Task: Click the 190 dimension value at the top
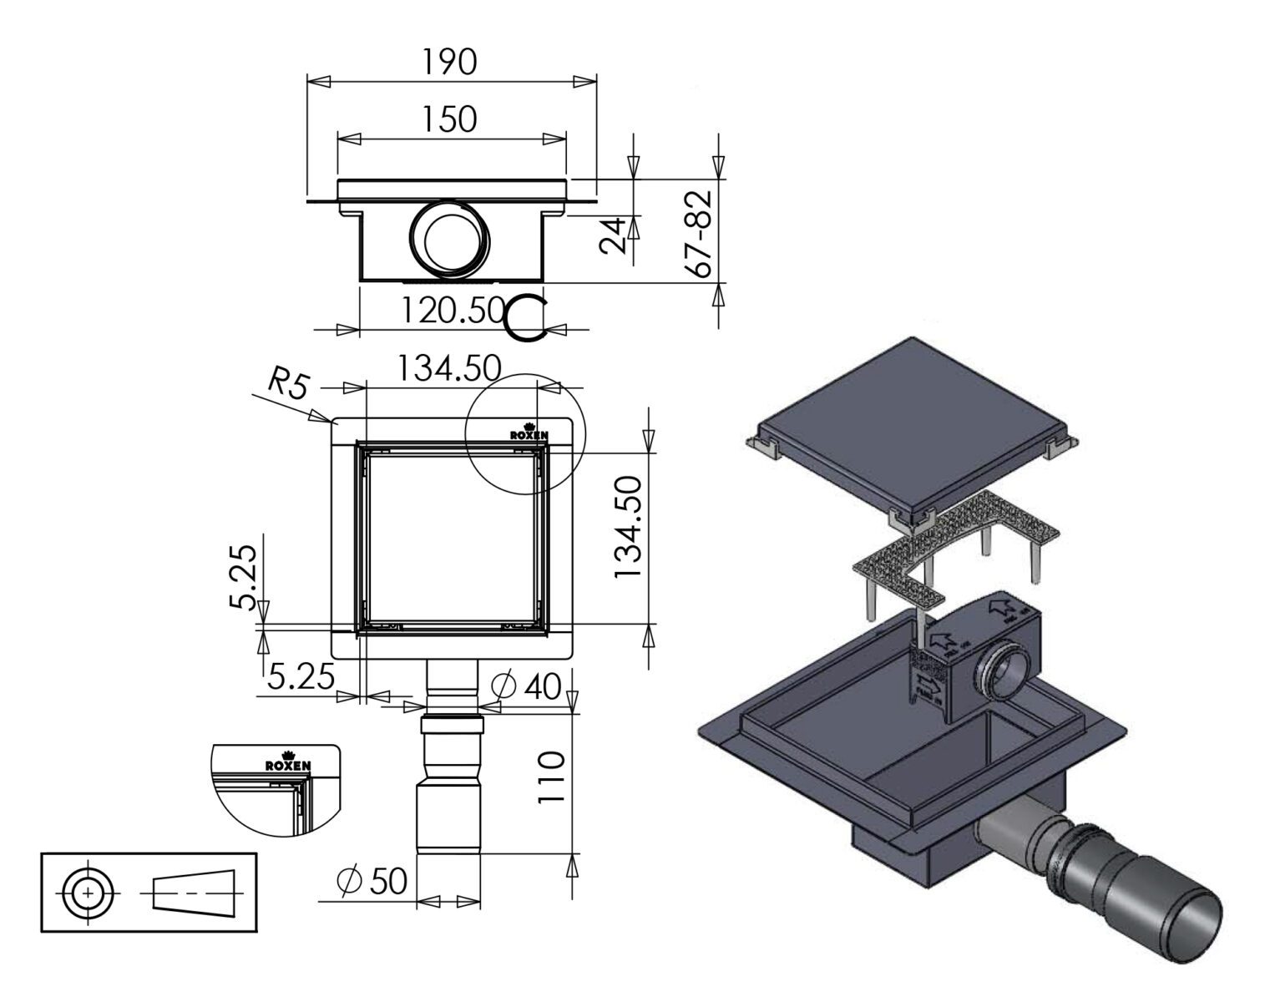point(449,62)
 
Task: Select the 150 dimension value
point(449,119)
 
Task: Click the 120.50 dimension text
point(452,311)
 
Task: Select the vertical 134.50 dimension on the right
point(627,528)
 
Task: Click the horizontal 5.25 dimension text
point(301,675)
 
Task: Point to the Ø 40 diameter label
point(526,686)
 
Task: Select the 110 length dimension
point(550,777)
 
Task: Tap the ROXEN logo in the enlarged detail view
point(288,765)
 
